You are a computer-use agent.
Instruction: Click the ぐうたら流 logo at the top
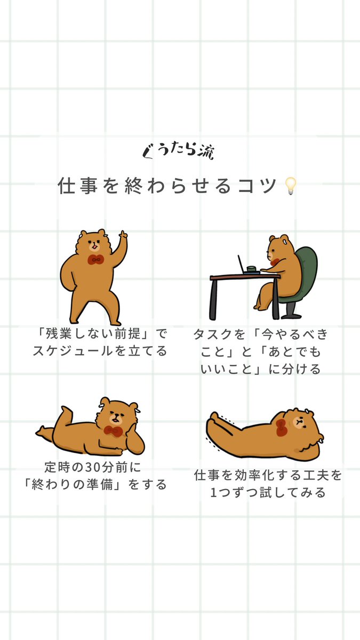tap(179, 151)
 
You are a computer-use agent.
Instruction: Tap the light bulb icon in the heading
tap(290, 186)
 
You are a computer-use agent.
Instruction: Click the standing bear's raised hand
tap(123, 235)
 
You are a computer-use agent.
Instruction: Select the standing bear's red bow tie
tap(95, 260)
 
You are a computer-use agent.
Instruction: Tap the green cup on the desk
tap(251, 269)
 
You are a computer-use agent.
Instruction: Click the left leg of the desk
tap(214, 299)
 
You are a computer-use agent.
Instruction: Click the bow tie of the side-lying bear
tap(113, 430)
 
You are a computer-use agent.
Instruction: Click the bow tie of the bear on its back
tap(281, 425)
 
